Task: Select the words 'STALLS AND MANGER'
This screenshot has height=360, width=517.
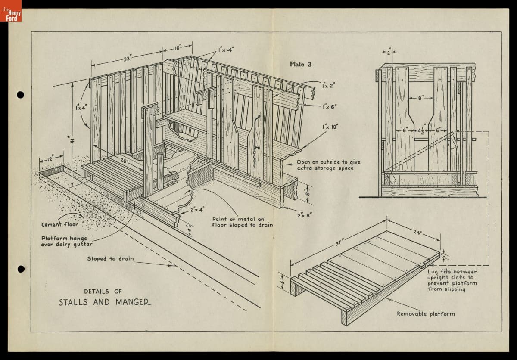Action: click(x=105, y=302)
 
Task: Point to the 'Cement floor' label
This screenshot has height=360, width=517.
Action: click(x=59, y=224)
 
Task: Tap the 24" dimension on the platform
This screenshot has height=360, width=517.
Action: click(x=417, y=233)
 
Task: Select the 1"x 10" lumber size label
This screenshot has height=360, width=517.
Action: click(x=330, y=127)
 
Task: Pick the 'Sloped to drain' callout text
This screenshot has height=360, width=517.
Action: click(x=110, y=259)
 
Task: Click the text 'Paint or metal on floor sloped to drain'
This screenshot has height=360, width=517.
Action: click(x=242, y=222)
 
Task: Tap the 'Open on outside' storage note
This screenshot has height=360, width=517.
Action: click(x=328, y=165)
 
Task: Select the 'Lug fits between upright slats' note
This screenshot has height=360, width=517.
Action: click(x=452, y=280)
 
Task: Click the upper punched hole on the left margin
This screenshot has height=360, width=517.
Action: click(x=20, y=95)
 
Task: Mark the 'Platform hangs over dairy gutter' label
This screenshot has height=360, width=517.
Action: click(x=67, y=241)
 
